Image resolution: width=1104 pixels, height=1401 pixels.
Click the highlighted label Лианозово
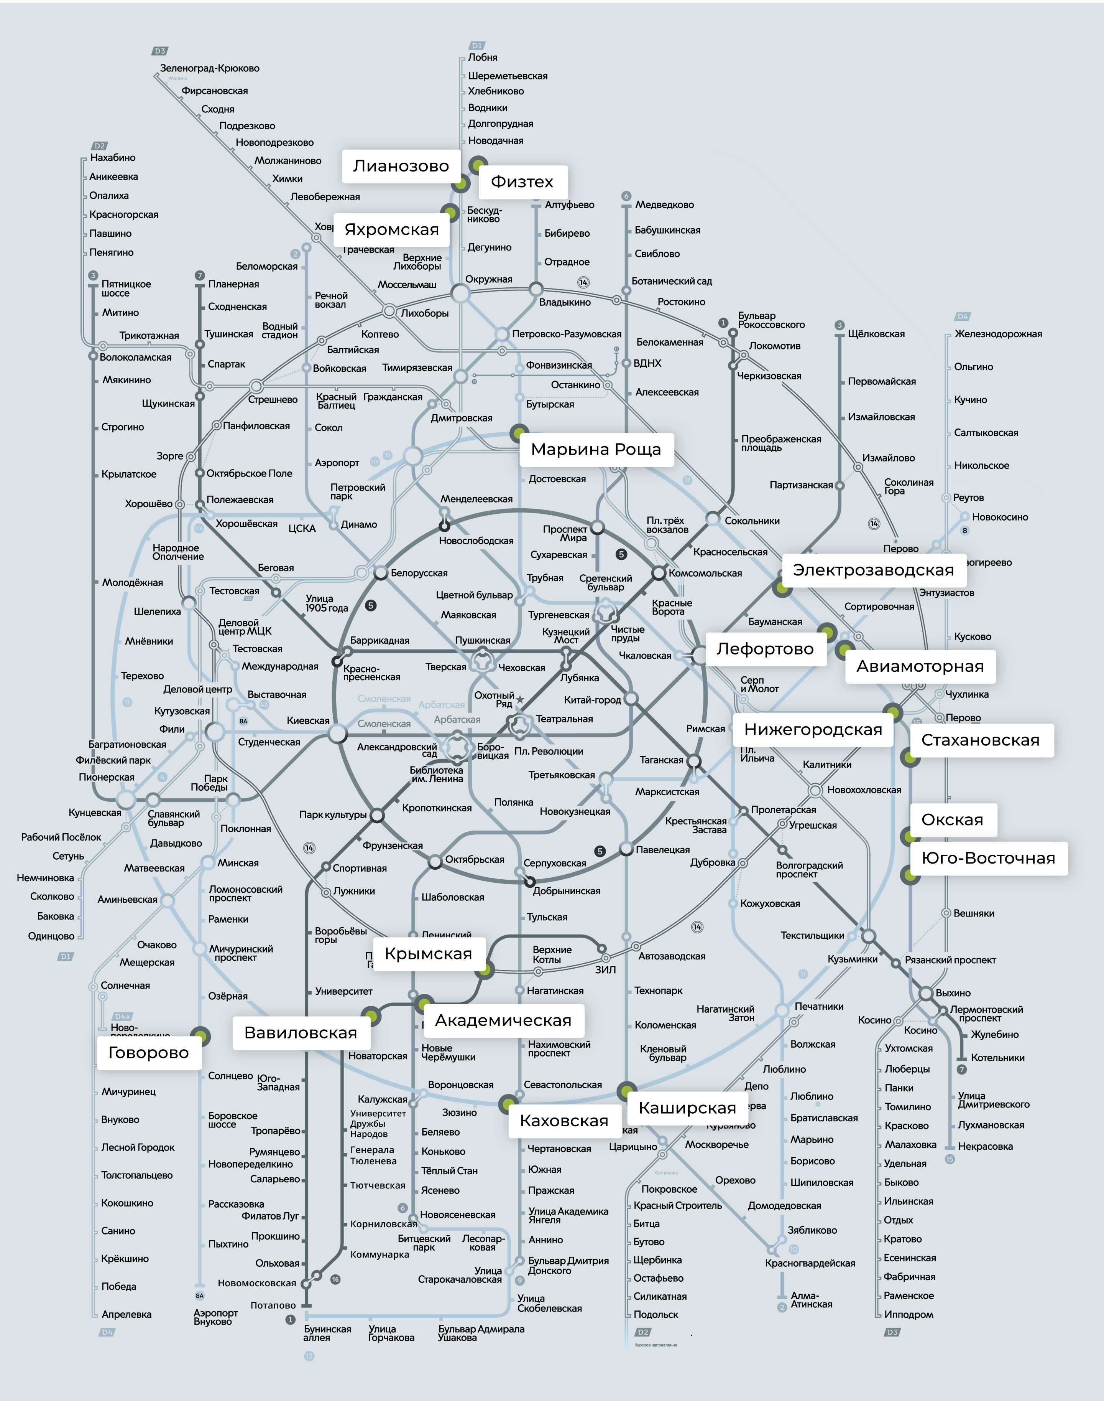tap(401, 166)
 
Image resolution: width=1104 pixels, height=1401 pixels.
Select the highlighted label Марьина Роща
tap(596, 450)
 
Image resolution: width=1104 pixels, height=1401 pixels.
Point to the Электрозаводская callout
tap(873, 570)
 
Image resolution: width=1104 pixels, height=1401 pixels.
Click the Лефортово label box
tap(765, 649)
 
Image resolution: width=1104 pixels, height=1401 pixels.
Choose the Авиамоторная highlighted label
tap(920, 666)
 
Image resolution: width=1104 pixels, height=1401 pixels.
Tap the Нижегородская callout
tap(813, 730)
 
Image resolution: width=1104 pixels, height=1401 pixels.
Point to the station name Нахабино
tap(113, 158)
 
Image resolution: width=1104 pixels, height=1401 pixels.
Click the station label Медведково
tap(664, 205)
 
